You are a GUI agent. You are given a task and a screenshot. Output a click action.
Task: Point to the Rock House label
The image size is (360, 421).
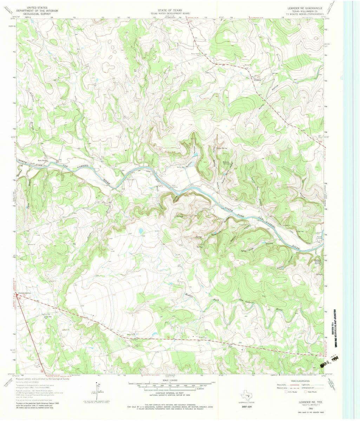click(38, 158)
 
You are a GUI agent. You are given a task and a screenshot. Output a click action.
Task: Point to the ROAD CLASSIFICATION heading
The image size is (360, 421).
click(301, 381)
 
